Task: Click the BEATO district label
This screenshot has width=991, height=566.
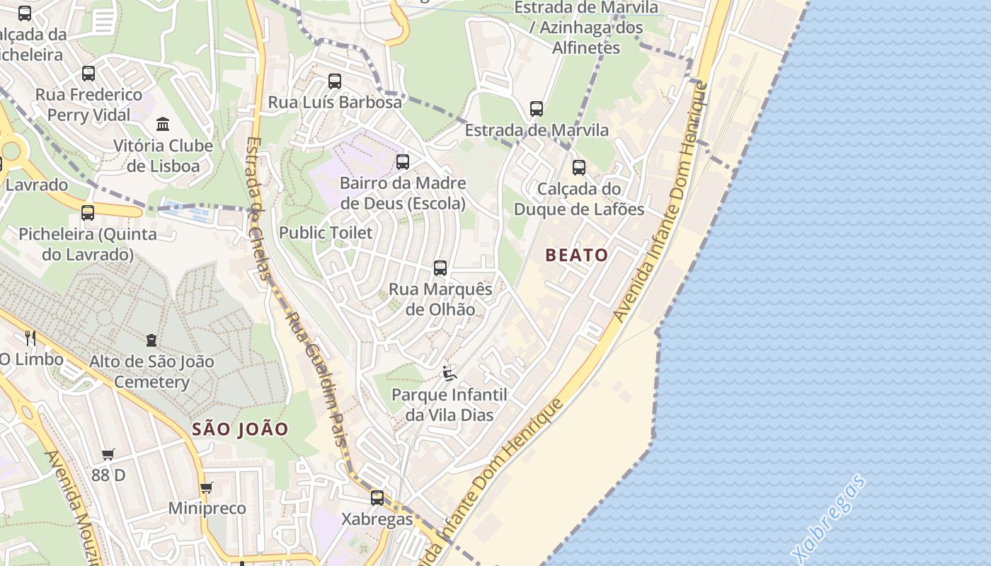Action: [577, 255]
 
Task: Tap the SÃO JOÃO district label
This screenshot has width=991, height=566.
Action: [241, 429]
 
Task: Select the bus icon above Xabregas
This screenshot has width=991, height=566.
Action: [377, 497]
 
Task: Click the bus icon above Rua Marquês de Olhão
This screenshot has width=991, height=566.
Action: [440, 268]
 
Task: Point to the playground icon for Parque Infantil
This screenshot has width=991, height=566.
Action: [449, 373]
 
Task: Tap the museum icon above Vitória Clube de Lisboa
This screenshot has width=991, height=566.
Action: [164, 125]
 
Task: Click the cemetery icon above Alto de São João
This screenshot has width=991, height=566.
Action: [151, 340]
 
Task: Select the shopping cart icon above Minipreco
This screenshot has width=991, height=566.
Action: [207, 487]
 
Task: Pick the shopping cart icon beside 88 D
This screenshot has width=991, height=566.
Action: [108, 454]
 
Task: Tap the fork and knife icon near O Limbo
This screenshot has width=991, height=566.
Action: [30, 337]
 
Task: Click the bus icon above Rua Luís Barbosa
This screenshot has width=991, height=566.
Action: [335, 81]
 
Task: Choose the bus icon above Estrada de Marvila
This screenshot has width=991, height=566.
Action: [537, 109]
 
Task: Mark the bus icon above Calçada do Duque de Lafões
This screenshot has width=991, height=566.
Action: [579, 168]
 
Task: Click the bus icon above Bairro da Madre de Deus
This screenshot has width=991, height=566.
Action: [403, 162]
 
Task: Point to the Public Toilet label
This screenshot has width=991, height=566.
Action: [326, 233]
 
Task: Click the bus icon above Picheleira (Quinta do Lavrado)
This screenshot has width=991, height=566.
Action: [88, 213]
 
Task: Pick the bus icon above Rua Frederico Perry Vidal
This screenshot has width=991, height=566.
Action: [88, 74]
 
